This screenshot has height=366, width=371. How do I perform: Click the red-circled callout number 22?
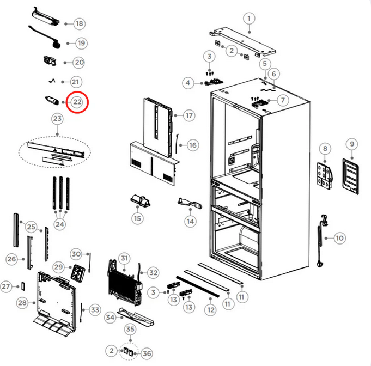[77, 102]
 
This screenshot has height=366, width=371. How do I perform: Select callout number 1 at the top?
[249, 19]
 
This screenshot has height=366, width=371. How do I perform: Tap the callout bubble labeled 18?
[80, 23]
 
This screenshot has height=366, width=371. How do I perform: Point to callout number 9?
[352, 144]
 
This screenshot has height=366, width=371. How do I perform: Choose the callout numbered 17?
[188, 116]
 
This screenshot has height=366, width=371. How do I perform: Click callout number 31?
[125, 258]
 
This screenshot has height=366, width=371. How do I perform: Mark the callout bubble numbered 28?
[22, 302]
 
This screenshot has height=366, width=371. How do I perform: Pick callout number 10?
[339, 237]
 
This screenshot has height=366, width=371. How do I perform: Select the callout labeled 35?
[130, 329]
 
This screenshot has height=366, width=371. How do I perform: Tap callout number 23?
[57, 118]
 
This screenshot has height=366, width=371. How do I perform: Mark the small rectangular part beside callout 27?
[22, 286]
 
